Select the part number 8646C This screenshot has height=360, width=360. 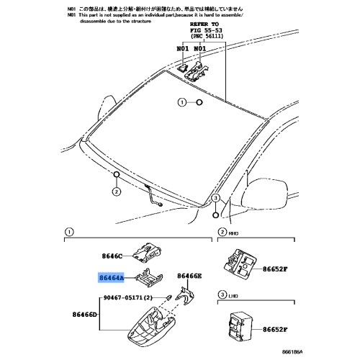[113, 255]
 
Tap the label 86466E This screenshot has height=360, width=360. [190, 276]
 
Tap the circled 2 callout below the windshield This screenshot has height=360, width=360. [115, 192]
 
